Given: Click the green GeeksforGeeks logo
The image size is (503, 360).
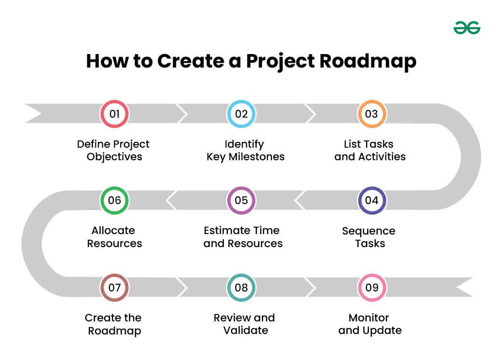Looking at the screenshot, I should coord(467,28).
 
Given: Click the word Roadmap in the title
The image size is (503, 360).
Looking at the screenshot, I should coord(368,62).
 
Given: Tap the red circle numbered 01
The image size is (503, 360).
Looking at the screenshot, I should coord(114,114).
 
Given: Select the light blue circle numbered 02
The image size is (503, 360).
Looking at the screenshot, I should coord(241,114).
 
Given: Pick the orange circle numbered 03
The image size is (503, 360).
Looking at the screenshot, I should coord(371,114).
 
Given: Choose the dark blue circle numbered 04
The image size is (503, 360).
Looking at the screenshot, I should coord(371,200).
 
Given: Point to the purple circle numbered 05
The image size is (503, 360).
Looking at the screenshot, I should coord(241,200).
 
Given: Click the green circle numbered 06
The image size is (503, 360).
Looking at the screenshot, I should coord(114,200).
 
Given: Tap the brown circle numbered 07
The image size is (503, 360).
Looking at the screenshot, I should coord(114,288).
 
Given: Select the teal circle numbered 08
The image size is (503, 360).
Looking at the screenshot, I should coord(241,288).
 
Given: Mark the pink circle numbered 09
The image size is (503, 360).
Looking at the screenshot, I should coord(371,288).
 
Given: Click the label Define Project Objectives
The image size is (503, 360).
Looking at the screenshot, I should coord(114,150).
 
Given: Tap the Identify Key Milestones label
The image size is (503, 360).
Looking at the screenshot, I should coord(245,150).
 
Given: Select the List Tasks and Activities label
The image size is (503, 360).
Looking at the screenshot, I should coord(369,150).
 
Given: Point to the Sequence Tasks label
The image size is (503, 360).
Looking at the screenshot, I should coord(369,237).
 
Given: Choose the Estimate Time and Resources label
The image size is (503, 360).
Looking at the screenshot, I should coord(243,237).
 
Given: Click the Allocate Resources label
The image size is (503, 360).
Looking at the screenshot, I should coord(114,237).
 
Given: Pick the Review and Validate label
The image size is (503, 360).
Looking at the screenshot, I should coord(245,324).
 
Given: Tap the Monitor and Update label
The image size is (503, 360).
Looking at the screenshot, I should coord(369,324).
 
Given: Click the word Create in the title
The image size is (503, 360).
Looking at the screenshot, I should coord(190,62).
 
